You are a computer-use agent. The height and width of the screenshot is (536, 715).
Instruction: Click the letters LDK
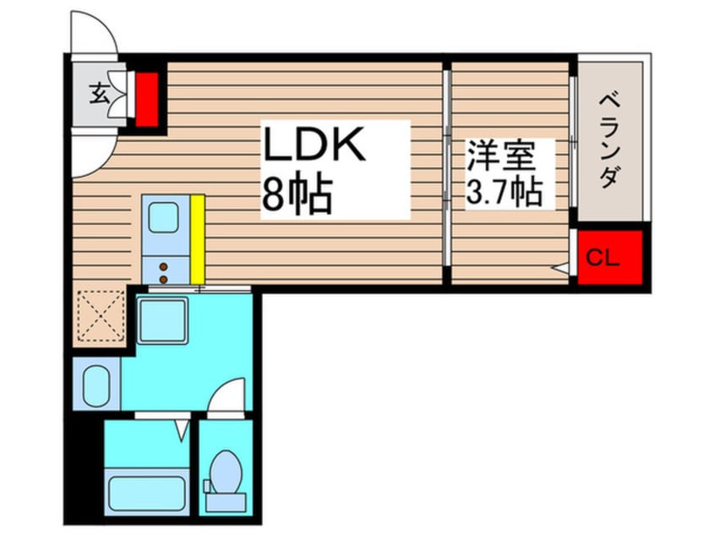[315, 145]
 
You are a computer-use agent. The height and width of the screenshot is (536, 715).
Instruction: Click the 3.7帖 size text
[504, 194]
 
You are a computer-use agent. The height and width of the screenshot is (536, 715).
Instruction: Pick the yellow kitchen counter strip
[198, 238]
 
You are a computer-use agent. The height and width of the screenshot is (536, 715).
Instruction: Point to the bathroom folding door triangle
[181, 430]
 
